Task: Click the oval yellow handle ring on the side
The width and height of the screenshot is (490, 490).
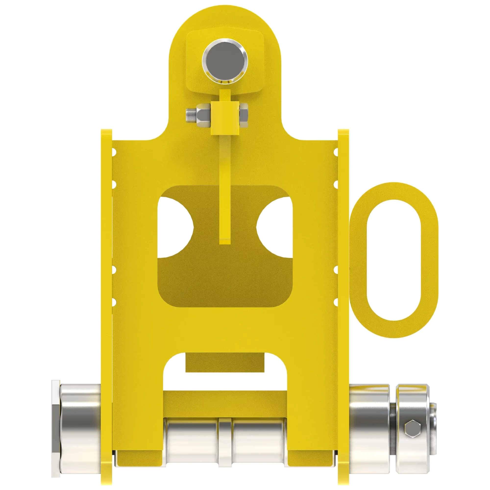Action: (394, 260)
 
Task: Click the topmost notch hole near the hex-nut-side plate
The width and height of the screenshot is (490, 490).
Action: (114, 152)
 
